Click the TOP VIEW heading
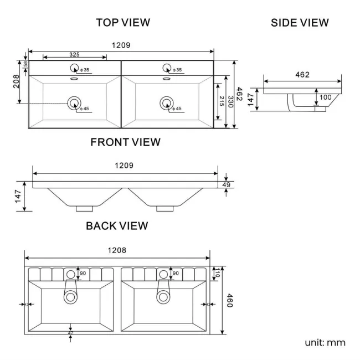click(123, 23)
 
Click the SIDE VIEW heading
click(300, 23)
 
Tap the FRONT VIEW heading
click(125, 142)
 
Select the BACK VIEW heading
click(117, 225)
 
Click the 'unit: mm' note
click(325, 342)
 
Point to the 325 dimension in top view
click(74, 54)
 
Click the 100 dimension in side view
click(325, 97)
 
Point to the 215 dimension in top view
click(222, 101)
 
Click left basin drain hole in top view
click(74, 102)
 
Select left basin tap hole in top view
click(74, 69)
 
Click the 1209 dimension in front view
click(124, 165)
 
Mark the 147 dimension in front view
click(18, 196)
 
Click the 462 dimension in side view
click(302, 75)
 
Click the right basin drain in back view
click(163, 296)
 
